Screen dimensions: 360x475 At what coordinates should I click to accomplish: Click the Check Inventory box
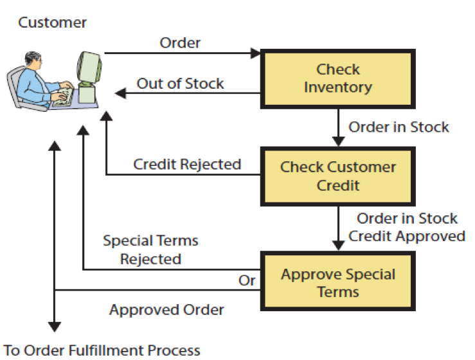337,78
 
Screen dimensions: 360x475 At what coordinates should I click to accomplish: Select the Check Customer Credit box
337,175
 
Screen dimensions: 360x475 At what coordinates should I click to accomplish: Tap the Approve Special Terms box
337,283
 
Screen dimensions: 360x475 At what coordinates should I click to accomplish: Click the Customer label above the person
52,23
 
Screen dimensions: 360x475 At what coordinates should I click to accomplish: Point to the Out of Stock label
180,84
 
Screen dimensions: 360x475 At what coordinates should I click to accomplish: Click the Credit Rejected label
187,165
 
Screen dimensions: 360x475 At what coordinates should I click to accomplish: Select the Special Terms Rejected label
150,250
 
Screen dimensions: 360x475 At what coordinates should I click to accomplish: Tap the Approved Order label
166,310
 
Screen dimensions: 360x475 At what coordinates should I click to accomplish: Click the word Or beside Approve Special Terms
247,281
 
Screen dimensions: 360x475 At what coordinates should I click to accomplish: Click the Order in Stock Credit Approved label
407,228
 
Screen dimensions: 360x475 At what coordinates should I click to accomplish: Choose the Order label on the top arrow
180,42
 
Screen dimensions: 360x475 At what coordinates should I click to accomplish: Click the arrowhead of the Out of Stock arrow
120,93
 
